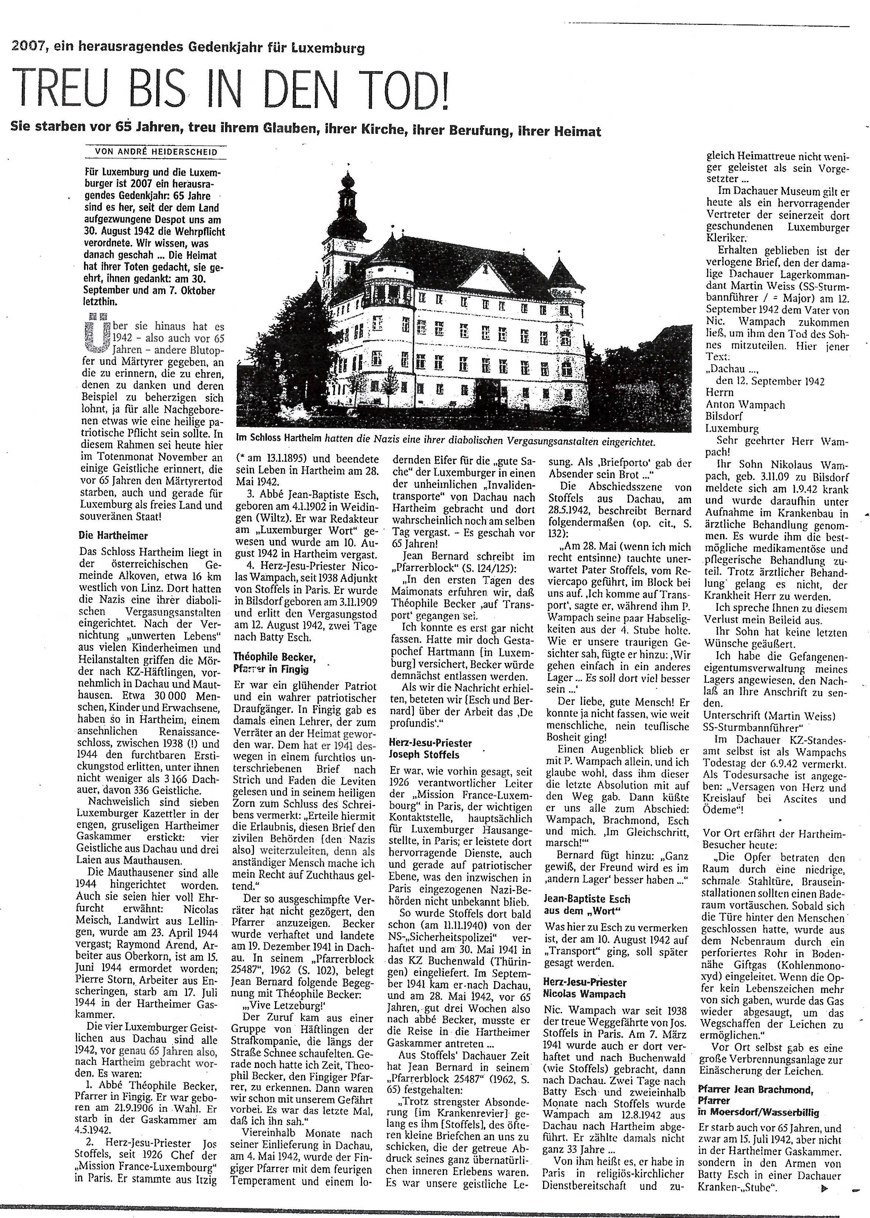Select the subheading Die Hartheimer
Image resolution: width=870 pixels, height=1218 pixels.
click(114, 535)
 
